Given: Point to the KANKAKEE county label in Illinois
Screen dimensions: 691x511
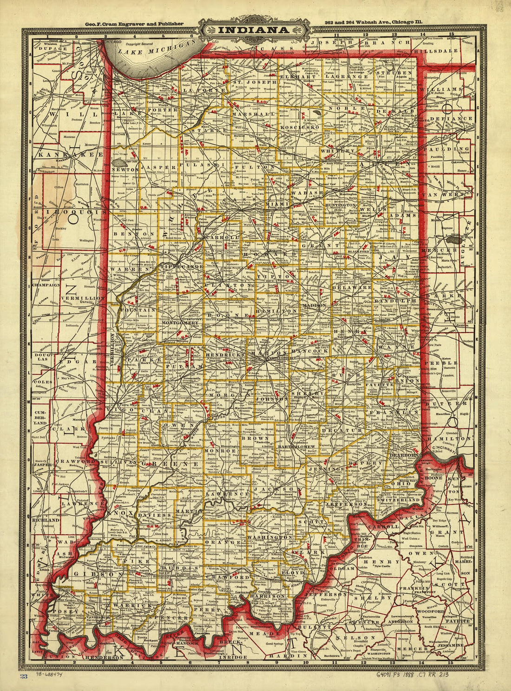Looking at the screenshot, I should coord(65,154).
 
